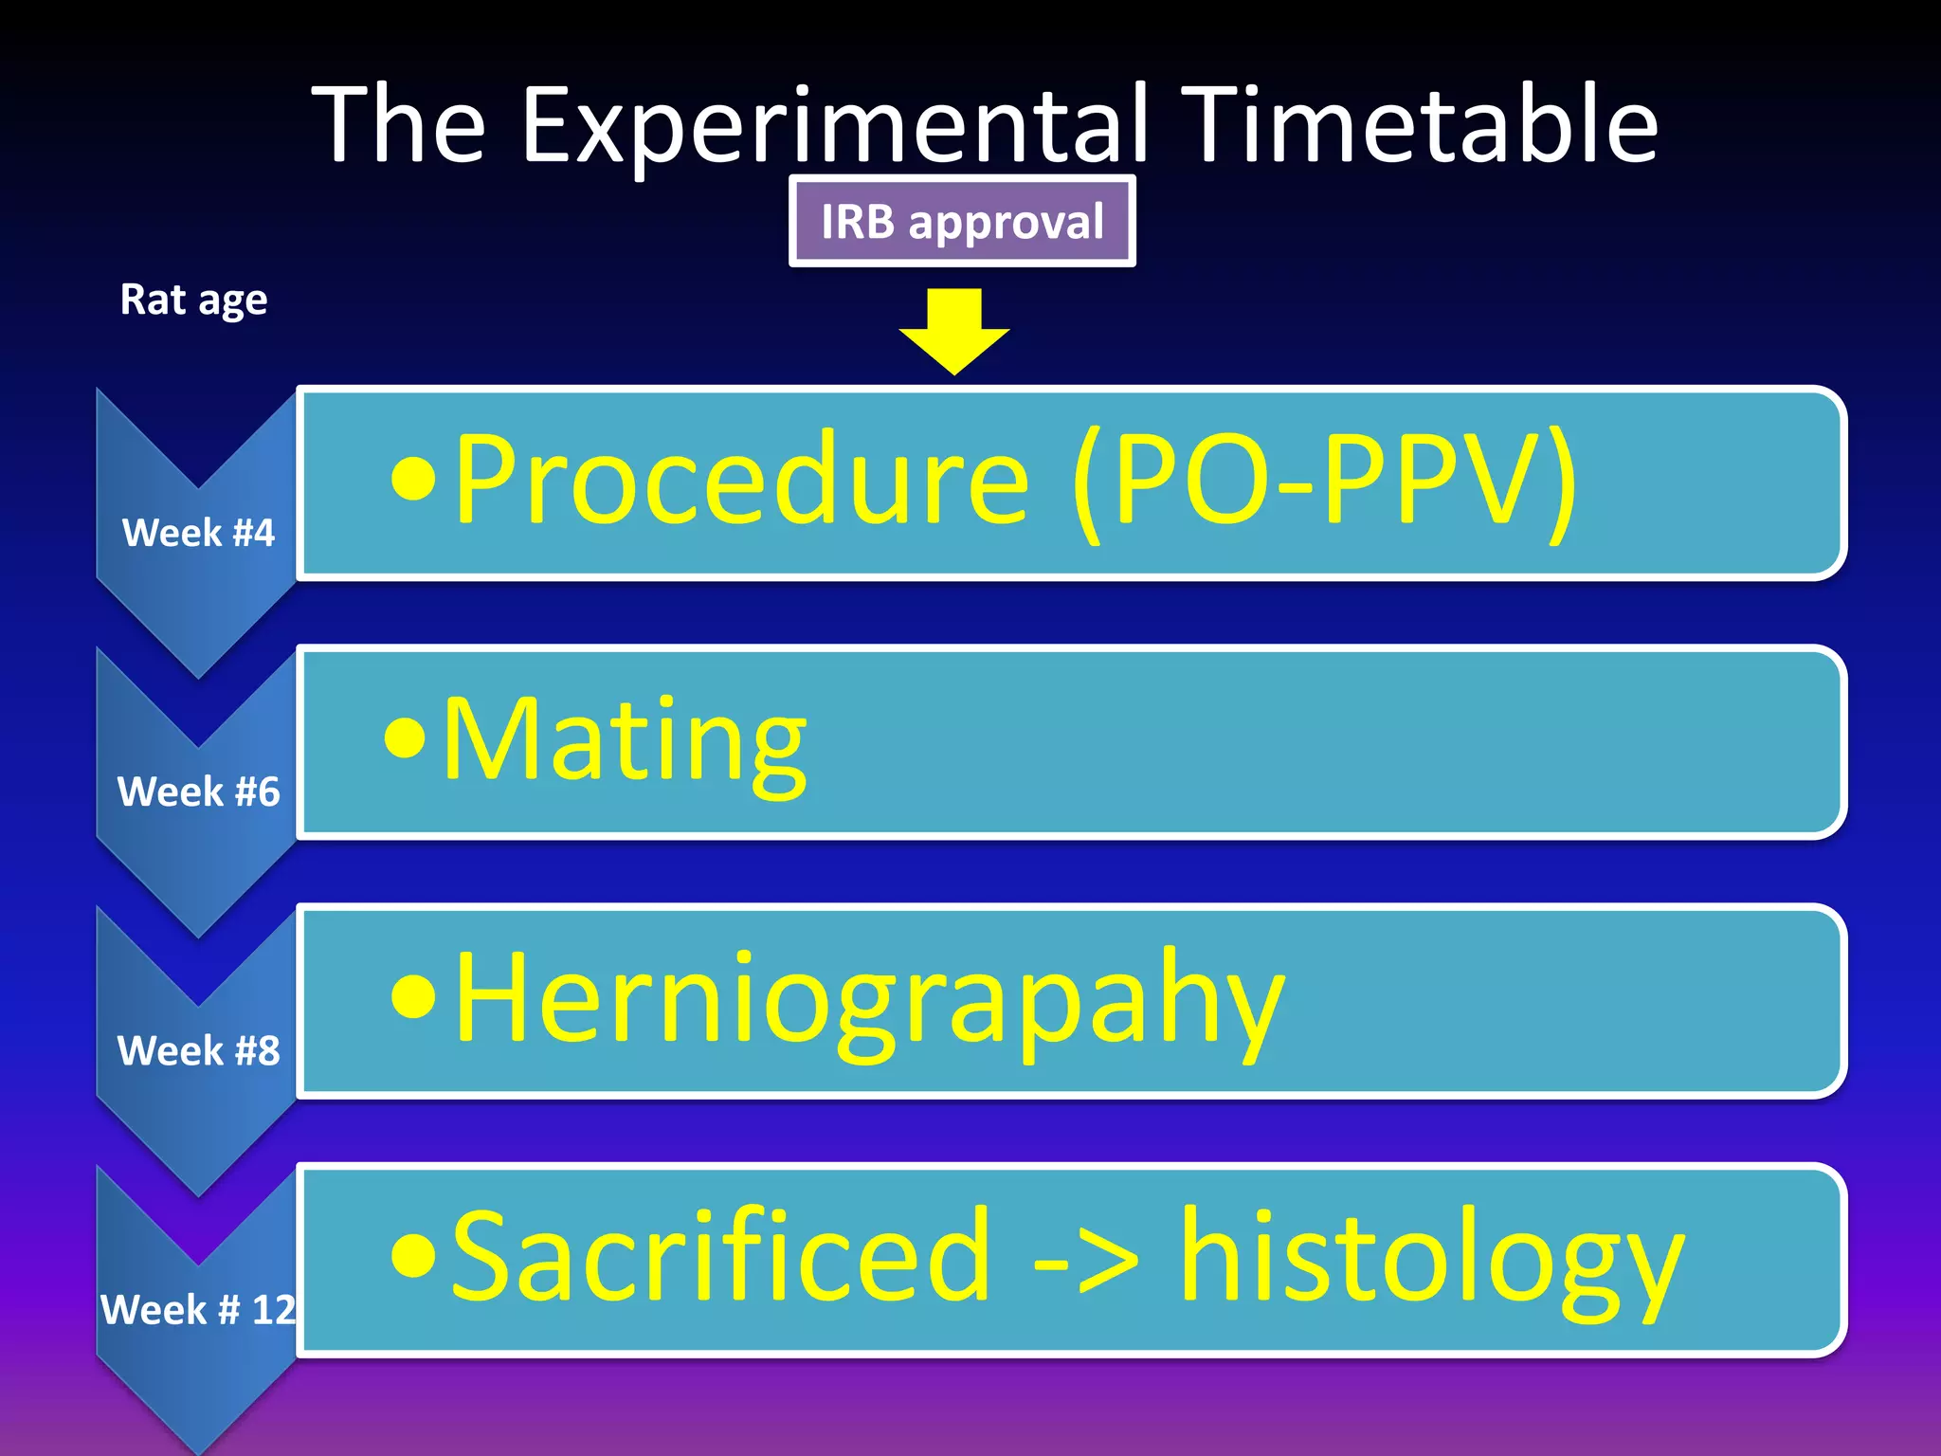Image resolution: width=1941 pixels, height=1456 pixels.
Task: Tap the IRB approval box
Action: (962, 222)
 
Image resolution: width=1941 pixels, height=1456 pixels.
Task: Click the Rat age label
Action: (193, 300)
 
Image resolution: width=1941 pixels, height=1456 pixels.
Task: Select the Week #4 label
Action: (198, 533)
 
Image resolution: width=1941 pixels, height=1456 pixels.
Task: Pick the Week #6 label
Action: (198, 792)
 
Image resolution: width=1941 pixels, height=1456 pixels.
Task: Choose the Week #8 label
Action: (198, 1050)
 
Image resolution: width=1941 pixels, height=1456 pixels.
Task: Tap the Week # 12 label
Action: (198, 1310)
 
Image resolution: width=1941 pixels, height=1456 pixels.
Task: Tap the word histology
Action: (1431, 1259)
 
